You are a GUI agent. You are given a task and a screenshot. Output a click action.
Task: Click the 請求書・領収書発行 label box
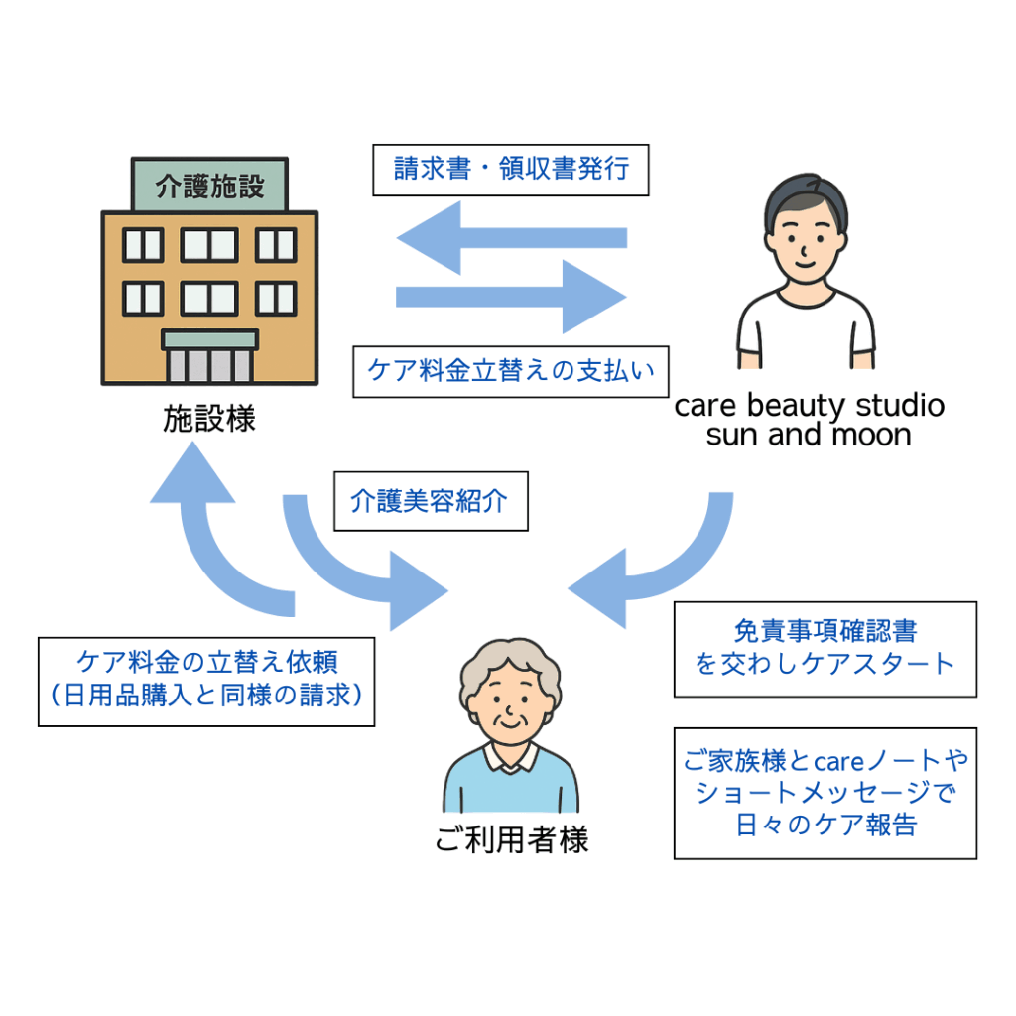(x=511, y=170)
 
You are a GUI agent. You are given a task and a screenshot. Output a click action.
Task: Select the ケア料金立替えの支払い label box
(x=511, y=371)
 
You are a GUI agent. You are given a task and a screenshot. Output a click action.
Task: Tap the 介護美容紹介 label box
(x=431, y=501)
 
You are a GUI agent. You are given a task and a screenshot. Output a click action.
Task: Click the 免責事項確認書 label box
(x=825, y=649)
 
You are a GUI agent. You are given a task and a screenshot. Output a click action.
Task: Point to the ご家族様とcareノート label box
(x=825, y=793)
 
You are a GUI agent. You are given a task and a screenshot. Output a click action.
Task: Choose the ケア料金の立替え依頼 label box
(x=206, y=682)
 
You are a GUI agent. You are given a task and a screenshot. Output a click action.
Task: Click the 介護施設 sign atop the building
(x=209, y=186)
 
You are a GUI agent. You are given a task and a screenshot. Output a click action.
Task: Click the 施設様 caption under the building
(x=209, y=419)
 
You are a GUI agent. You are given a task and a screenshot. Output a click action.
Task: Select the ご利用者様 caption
(x=512, y=839)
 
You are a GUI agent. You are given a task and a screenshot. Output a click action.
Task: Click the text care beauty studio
(x=810, y=406)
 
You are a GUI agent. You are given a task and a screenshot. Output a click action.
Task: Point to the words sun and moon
(x=809, y=435)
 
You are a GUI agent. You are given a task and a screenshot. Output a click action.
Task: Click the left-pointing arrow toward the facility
(x=512, y=238)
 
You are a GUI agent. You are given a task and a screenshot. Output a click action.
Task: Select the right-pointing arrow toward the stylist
(x=512, y=297)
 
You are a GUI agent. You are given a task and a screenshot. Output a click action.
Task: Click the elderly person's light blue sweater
(x=511, y=787)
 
